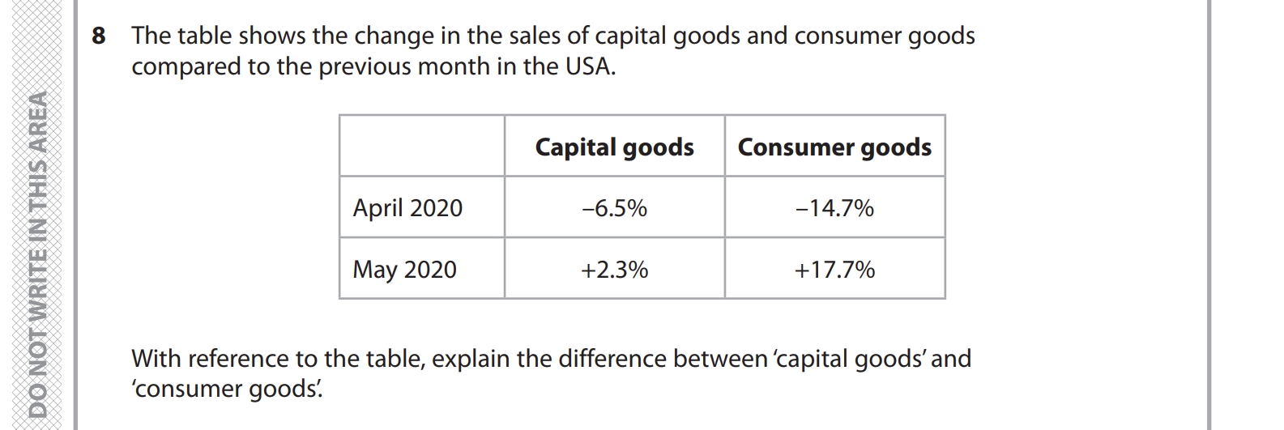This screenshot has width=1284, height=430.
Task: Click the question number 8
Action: coord(98,36)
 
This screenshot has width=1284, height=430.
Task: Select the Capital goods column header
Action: coord(614,147)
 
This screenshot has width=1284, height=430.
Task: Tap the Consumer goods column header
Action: coord(834,147)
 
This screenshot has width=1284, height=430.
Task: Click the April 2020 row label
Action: coord(407,208)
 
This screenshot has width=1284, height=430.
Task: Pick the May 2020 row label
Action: coord(404,270)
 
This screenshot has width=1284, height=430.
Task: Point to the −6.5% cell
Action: coord(614,208)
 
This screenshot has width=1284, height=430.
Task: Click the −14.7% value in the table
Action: coord(834,208)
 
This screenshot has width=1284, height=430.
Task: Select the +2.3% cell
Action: coord(614,270)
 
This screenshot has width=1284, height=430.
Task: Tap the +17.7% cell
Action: coord(834,270)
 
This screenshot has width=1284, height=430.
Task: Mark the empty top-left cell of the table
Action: coord(421,147)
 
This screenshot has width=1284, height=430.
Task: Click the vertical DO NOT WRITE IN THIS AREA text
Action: coord(37,256)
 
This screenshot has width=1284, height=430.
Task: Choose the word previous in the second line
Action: coord(365,66)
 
